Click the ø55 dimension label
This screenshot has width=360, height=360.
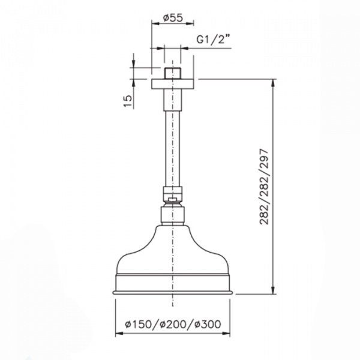[173, 18]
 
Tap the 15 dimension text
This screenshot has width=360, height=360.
[128, 101]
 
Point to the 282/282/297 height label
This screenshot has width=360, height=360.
[264, 187]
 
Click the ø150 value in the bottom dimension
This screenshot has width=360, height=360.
[139, 324]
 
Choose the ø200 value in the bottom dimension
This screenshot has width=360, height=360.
[173, 324]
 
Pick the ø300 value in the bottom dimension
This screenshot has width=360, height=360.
[208, 324]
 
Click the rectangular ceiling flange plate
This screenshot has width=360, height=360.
[173, 84]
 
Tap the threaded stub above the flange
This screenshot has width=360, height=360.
[173, 73]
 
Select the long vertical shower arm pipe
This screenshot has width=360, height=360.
[173, 149]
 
